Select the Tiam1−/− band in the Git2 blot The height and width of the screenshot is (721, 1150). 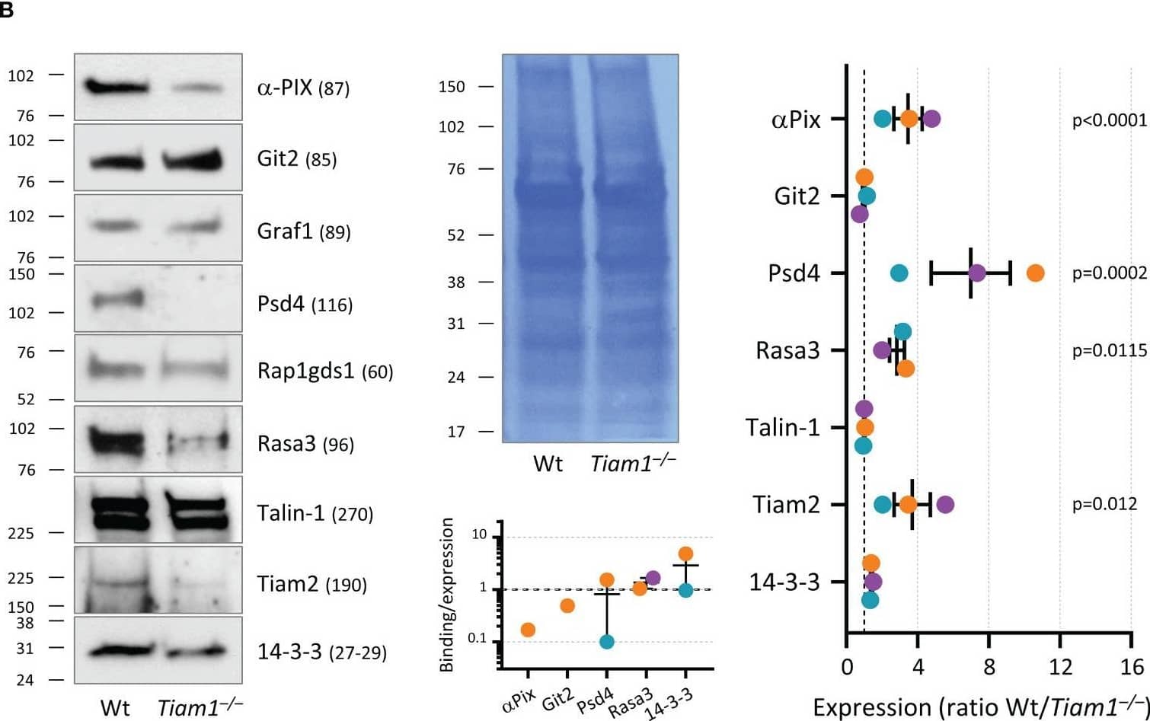tap(192, 160)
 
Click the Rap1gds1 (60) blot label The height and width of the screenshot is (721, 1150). tap(325, 371)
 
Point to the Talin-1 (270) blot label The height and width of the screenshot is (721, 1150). tap(315, 514)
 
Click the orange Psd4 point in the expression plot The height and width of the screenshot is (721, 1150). tap(1035, 273)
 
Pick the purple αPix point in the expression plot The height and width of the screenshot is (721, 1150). tap(931, 119)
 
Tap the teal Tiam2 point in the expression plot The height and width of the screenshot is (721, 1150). tap(882, 504)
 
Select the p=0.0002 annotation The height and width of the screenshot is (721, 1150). tap(1109, 273)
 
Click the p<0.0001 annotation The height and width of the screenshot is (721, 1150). tap(1109, 120)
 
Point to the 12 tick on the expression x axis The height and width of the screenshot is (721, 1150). tap(1060, 668)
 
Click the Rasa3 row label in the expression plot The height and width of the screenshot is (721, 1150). tap(787, 350)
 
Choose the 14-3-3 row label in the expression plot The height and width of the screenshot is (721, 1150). tap(784, 582)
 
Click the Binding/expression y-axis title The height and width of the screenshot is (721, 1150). tap(447, 595)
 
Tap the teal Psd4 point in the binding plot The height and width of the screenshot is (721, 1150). tap(607, 642)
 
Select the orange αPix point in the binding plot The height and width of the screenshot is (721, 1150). tap(527, 630)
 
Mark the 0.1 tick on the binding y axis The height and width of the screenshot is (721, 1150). tap(478, 638)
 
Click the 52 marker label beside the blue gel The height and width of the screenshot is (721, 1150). tap(455, 236)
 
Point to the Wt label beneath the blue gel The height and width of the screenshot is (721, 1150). tap(548, 464)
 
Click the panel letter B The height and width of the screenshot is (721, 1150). tap(7, 11)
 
